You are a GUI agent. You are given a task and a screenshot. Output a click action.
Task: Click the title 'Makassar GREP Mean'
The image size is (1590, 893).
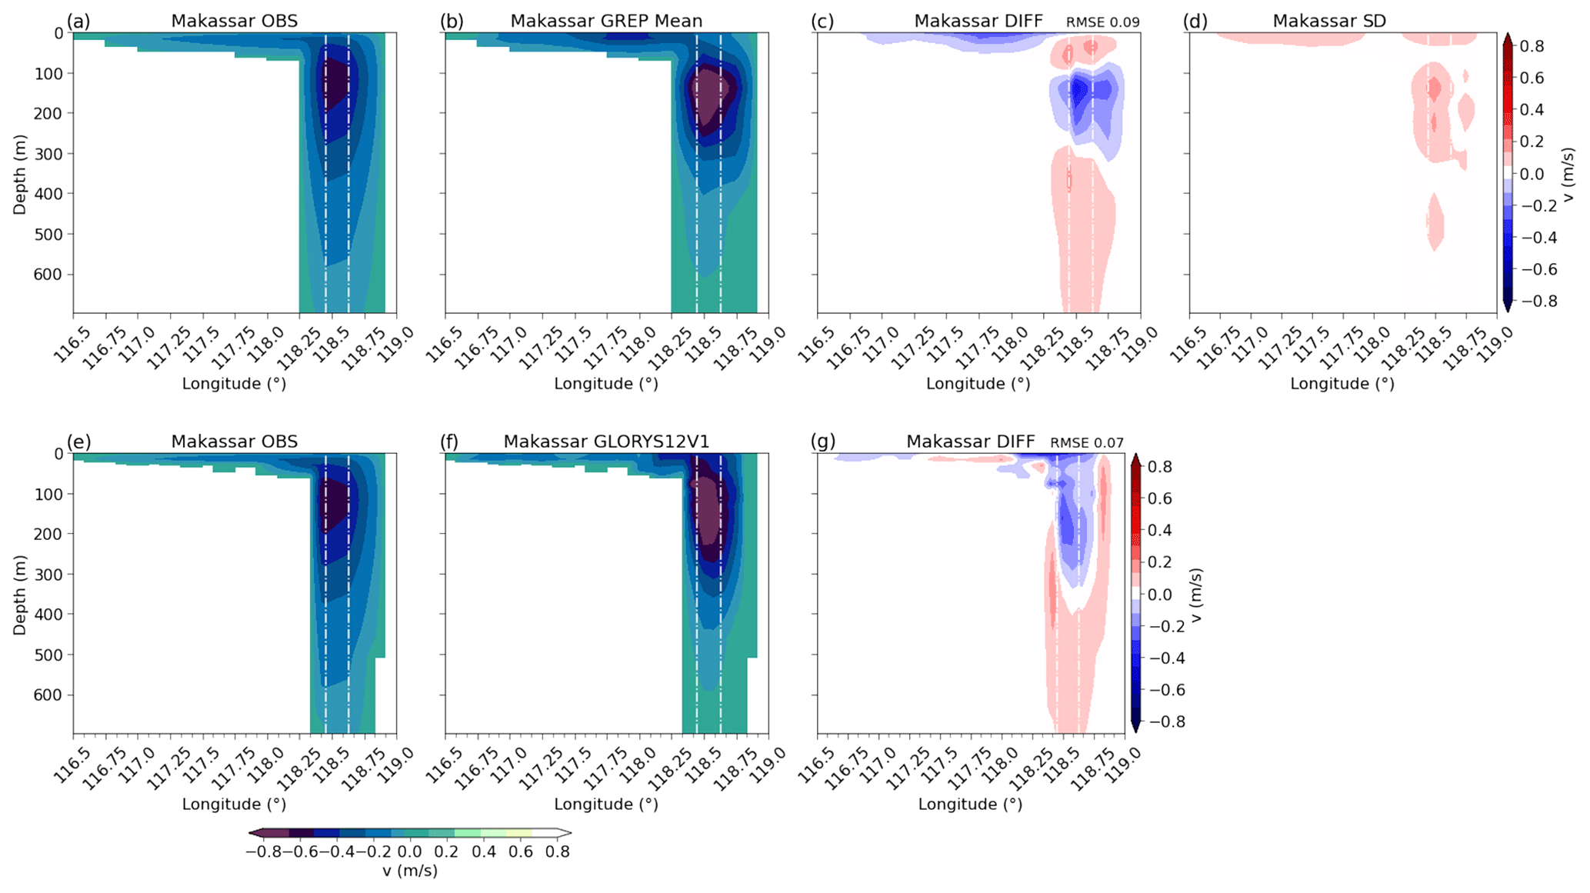point(606,21)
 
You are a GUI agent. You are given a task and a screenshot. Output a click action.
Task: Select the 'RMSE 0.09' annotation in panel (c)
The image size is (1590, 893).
point(1102,22)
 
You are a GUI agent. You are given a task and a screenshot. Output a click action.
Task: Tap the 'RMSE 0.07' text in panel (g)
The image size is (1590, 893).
point(1086,443)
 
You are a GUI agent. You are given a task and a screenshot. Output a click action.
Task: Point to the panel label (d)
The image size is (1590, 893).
point(1195,21)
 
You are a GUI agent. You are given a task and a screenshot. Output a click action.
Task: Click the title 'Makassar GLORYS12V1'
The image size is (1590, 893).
point(606,442)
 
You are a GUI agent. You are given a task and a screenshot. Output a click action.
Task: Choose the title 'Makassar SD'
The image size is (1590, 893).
point(1329,21)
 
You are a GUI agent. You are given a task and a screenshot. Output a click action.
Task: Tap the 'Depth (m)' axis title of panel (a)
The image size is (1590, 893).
point(20,175)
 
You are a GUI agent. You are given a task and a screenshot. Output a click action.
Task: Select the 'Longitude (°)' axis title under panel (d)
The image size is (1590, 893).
point(1342,384)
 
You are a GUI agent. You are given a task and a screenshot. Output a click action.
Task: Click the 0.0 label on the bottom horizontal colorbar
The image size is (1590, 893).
point(409,852)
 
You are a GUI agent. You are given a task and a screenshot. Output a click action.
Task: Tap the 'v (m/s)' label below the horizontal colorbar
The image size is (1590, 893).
point(409,871)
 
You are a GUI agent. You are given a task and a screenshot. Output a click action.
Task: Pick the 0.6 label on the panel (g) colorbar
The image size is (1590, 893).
point(1160,498)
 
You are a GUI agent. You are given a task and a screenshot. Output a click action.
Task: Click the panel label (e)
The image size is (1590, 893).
point(79,442)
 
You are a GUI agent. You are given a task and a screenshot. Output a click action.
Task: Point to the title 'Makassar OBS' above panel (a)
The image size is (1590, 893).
point(234,21)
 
